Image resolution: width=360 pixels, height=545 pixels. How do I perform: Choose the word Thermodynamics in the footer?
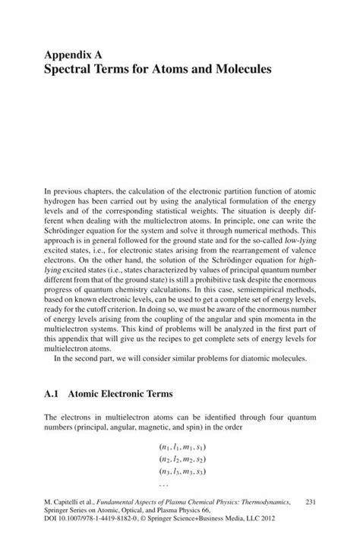click(x=265, y=502)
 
